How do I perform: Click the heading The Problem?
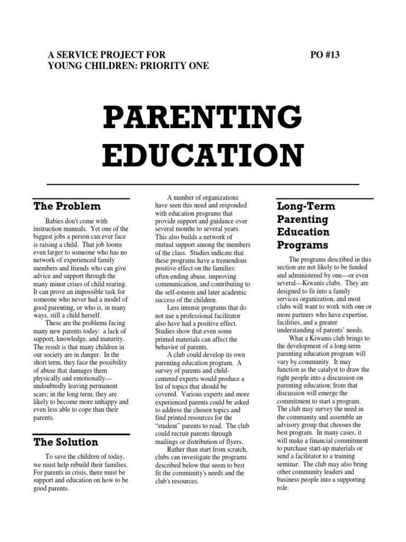[67, 206]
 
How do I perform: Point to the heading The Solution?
[66, 441]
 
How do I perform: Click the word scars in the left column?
[42, 394]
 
